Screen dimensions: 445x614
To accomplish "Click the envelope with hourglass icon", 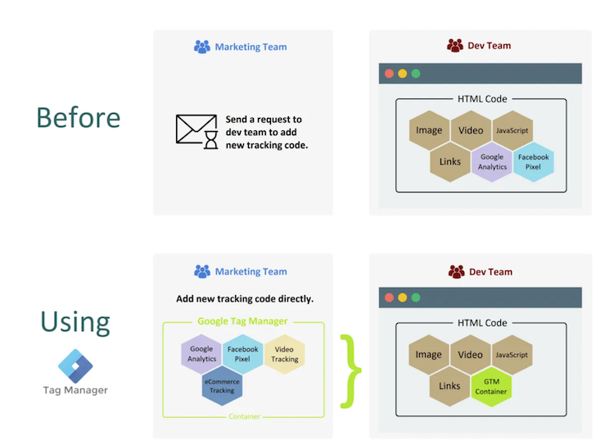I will coord(197,131).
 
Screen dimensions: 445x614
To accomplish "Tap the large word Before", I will coord(79,117).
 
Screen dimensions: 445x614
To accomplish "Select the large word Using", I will coord(75,321).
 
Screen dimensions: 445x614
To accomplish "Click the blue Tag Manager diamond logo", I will coord(75,364).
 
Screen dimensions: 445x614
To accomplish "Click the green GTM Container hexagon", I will coord(491,386).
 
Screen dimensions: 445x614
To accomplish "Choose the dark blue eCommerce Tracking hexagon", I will coord(222,385).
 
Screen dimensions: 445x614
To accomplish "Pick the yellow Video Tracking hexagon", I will coord(284,354).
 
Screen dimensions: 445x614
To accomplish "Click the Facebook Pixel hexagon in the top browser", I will coord(533,161).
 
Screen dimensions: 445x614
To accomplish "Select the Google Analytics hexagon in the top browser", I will coord(492,161).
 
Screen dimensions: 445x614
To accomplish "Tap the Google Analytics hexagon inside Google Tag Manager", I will coord(201,354).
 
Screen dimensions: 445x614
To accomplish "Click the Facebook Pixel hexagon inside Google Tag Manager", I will coord(242,354).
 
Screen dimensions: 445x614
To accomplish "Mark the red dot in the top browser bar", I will coord(389,74).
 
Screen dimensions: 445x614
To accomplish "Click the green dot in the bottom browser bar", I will coord(416,297).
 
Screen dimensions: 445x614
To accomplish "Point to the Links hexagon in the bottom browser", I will coord(449,386).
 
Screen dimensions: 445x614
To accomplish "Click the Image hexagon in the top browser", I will coord(429,130).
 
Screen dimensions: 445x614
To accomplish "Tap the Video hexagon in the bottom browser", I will coord(471,355).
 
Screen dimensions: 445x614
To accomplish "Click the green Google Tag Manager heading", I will coord(242,321).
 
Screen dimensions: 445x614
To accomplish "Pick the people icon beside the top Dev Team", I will coord(455,46).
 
